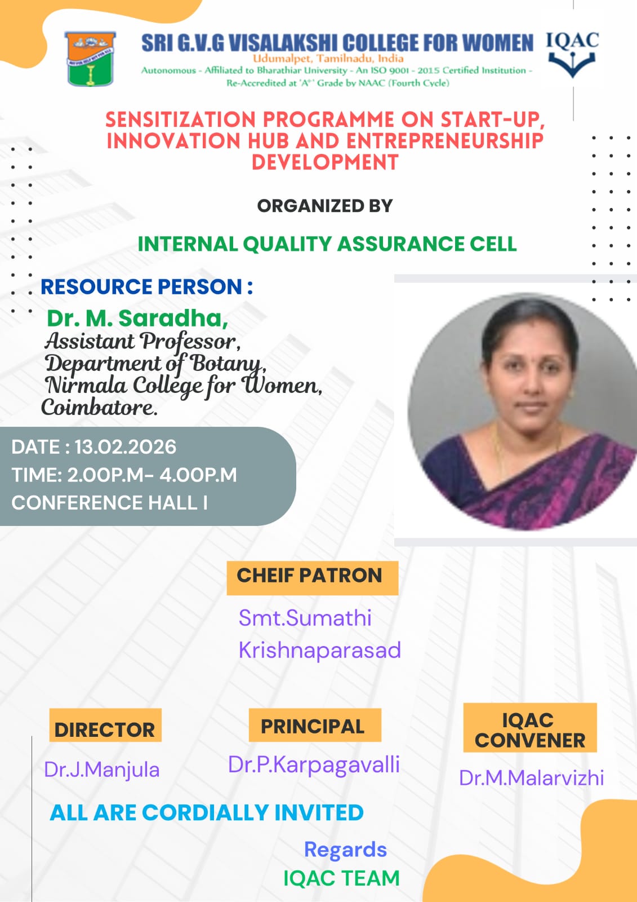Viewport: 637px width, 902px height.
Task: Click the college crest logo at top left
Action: tap(90, 59)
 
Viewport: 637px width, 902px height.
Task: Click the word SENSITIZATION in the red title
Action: tap(180, 120)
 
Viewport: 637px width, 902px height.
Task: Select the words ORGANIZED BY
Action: tap(324, 206)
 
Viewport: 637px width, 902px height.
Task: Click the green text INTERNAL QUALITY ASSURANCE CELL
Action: tap(327, 244)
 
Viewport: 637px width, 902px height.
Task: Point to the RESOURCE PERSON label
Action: tap(146, 287)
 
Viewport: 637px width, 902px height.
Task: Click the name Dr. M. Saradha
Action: tap(137, 318)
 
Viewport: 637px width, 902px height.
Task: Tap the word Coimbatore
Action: tap(99, 407)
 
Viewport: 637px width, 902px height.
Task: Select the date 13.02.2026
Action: tap(125, 447)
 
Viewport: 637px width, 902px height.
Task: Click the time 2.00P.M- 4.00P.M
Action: tap(152, 475)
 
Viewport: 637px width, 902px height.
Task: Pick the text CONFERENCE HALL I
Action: tap(109, 502)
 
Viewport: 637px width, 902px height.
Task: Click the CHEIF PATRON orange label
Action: tap(311, 576)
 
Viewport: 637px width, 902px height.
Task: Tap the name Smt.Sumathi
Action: tap(305, 618)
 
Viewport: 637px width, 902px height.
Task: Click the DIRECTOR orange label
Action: tap(105, 729)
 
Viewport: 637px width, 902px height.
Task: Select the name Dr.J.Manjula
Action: tap(102, 770)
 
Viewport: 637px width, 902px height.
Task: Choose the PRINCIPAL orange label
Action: tap(314, 726)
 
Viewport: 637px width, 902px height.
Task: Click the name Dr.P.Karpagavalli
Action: tap(314, 765)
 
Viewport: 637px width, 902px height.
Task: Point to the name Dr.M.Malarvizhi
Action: tap(531, 778)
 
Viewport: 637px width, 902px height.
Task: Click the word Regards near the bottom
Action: tap(345, 850)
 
